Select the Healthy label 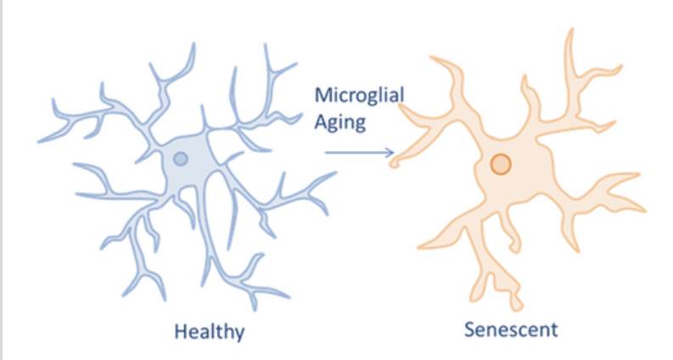pyautogui.click(x=209, y=329)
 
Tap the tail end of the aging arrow pyautogui.click(x=327, y=153)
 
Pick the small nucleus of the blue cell pyautogui.click(x=180, y=158)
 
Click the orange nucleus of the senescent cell pyautogui.click(x=501, y=164)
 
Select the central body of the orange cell pyautogui.click(x=509, y=170)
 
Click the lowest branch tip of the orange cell pyautogui.click(x=519, y=305)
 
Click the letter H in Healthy pyautogui.click(x=180, y=329)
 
